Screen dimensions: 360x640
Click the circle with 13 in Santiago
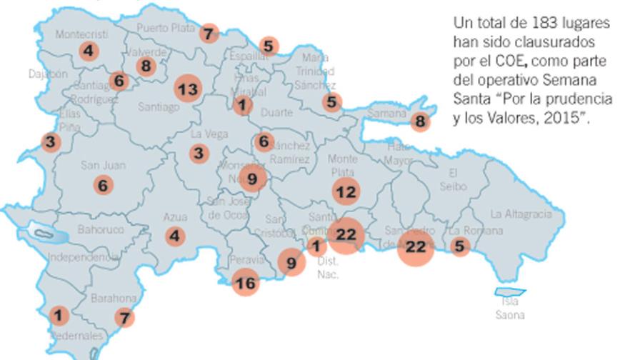tap(188, 89)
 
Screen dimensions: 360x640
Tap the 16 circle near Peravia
tap(245, 283)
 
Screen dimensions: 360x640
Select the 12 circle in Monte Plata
tap(346, 191)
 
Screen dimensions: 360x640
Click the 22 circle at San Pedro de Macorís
tap(415, 247)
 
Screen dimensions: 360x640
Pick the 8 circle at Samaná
tap(420, 121)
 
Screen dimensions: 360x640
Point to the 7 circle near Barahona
tap(124, 317)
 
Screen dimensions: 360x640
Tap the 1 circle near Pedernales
tap(59, 315)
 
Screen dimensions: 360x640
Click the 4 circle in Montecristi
tap(89, 51)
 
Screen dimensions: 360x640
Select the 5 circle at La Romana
tap(460, 247)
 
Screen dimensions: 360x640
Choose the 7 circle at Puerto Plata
tap(208, 33)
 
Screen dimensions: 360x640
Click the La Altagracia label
tap(521, 214)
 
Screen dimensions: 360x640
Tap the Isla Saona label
tap(510, 309)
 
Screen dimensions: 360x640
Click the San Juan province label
tap(103, 165)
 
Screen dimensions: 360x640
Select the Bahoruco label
tap(101, 229)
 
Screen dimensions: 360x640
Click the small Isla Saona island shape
tap(511, 291)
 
